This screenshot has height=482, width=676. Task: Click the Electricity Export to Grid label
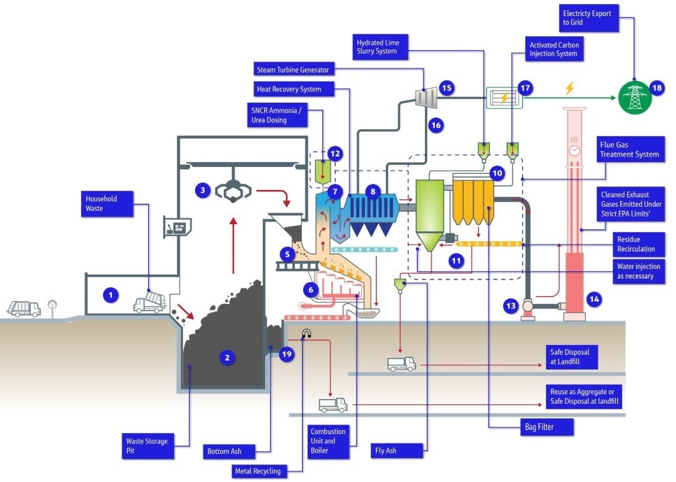[x=590, y=17]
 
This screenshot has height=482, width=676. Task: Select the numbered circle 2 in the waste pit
[x=226, y=358]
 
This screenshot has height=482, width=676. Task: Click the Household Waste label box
[x=106, y=203]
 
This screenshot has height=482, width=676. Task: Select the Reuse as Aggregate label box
[x=585, y=397]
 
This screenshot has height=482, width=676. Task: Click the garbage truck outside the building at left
[x=23, y=308]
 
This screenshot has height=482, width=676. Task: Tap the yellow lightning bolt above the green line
[x=569, y=89]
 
